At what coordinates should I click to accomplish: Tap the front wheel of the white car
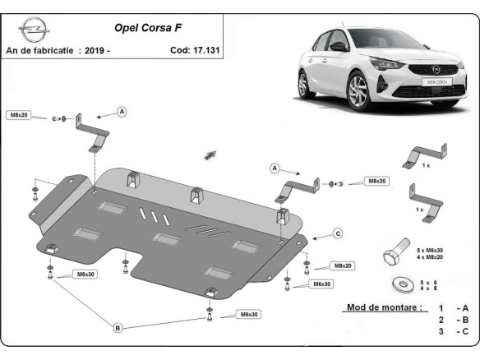click(361, 90)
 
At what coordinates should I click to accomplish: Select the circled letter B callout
click(118, 328)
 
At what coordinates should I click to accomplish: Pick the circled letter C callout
click(337, 234)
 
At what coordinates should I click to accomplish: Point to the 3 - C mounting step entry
click(454, 331)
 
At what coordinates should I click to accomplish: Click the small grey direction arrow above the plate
click(210, 155)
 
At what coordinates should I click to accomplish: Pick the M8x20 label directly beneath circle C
click(342, 266)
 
